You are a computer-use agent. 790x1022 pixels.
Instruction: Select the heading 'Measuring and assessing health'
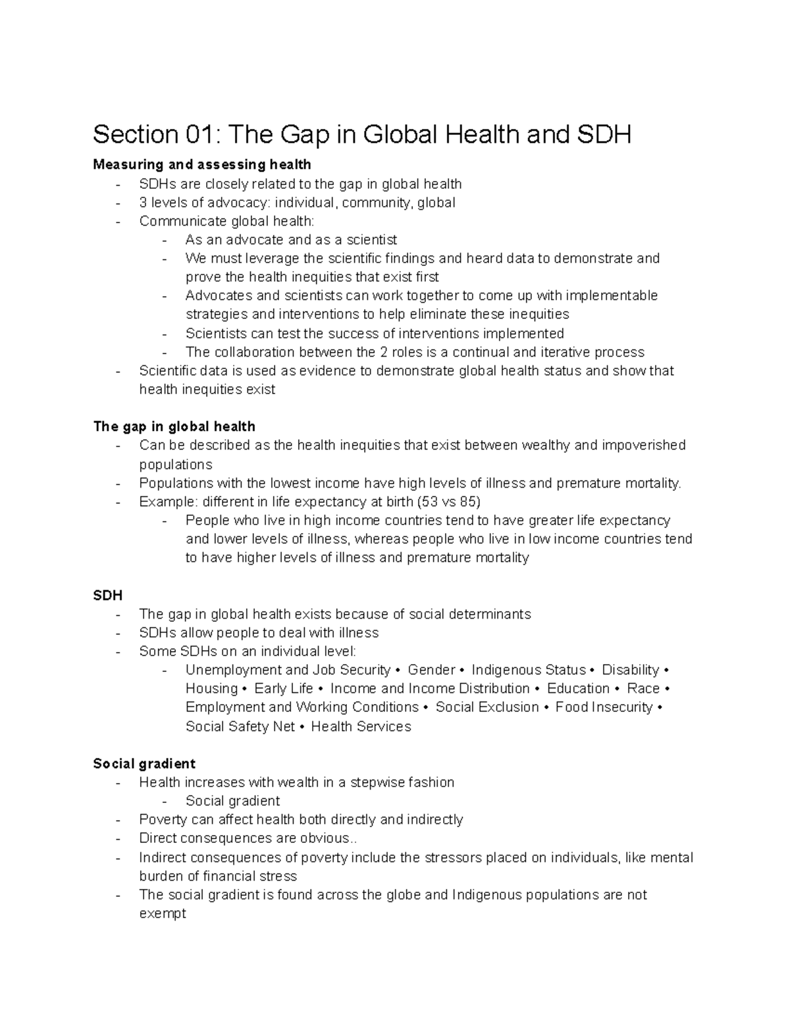click(201, 164)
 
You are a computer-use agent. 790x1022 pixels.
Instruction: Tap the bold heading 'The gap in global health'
click(174, 426)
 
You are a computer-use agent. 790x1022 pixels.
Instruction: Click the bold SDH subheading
click(108, 595)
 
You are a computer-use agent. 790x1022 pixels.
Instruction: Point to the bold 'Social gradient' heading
click(144, 763)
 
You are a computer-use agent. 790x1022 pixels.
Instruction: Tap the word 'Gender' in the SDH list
click(431, 670)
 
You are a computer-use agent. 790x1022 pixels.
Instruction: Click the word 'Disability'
click(630, 670)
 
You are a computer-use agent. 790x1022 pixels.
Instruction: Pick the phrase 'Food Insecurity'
click(604, 707)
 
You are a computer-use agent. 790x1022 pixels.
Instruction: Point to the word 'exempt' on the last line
click(163, 913)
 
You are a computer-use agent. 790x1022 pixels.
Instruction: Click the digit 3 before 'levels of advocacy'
click(143, 203)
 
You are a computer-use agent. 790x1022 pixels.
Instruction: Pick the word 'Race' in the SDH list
click(643, 688)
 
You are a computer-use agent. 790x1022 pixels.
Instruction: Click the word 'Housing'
click(211, 688)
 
